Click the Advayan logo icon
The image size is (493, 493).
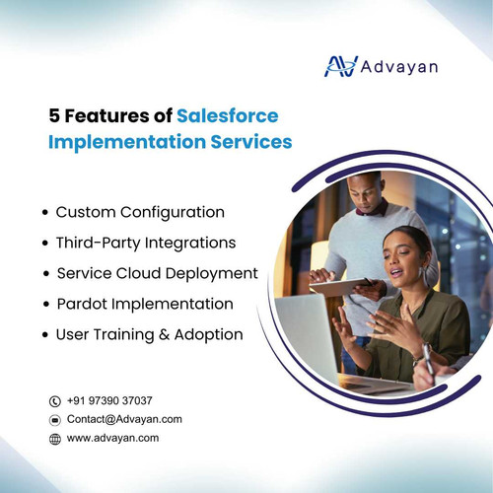click(x=341, y=65)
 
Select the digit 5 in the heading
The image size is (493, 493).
click(x=54, y=115)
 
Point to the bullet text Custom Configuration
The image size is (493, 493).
click(x=140, y=212)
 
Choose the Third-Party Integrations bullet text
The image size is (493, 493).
click(x=145, y=242)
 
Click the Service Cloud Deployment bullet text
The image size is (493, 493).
click(x=157, y=272)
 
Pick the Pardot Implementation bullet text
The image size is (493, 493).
click(x=144, y=304)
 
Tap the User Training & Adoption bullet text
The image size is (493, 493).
click(x=149, y=334)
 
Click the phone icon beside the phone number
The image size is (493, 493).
click(x=55, y=401)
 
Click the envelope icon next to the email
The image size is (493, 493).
click(x=55, y=420)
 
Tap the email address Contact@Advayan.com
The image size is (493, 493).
click(x=124, y=419)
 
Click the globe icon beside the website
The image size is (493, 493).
click(x=55, y=439)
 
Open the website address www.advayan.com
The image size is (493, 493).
click(x=112, y=438)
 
